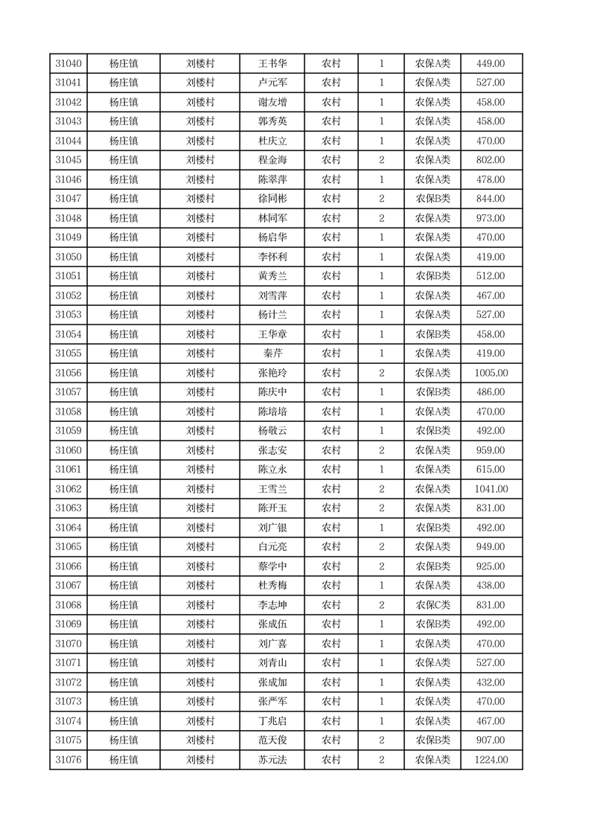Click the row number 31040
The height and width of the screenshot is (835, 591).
[68, 63]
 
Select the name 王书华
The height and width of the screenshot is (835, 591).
[272, 63]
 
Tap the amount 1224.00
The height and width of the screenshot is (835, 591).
[491, 760]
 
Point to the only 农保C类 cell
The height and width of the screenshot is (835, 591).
[432, 605]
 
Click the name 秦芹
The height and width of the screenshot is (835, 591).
[272, 353]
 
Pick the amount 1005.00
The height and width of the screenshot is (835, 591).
[491, 373]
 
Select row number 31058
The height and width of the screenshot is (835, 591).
[68, 412]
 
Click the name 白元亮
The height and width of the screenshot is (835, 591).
[272, 547]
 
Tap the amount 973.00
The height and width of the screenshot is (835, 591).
[491, 218]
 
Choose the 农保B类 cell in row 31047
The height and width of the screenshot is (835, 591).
[432, 199]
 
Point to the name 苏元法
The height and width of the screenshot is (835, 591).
[272, 760]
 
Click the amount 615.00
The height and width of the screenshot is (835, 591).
[491, 470]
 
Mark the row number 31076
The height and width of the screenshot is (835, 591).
[68, 760]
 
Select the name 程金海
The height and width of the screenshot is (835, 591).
[272, 160]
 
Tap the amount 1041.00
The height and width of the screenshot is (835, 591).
[491, 489]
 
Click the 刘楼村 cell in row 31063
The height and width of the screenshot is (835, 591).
[200, 508]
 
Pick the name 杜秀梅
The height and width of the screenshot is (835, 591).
[272, 586]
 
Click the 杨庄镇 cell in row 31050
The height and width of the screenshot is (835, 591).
[124, 257]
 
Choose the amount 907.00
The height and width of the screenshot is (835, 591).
[491, 740]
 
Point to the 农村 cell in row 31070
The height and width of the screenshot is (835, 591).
[331, 644]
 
